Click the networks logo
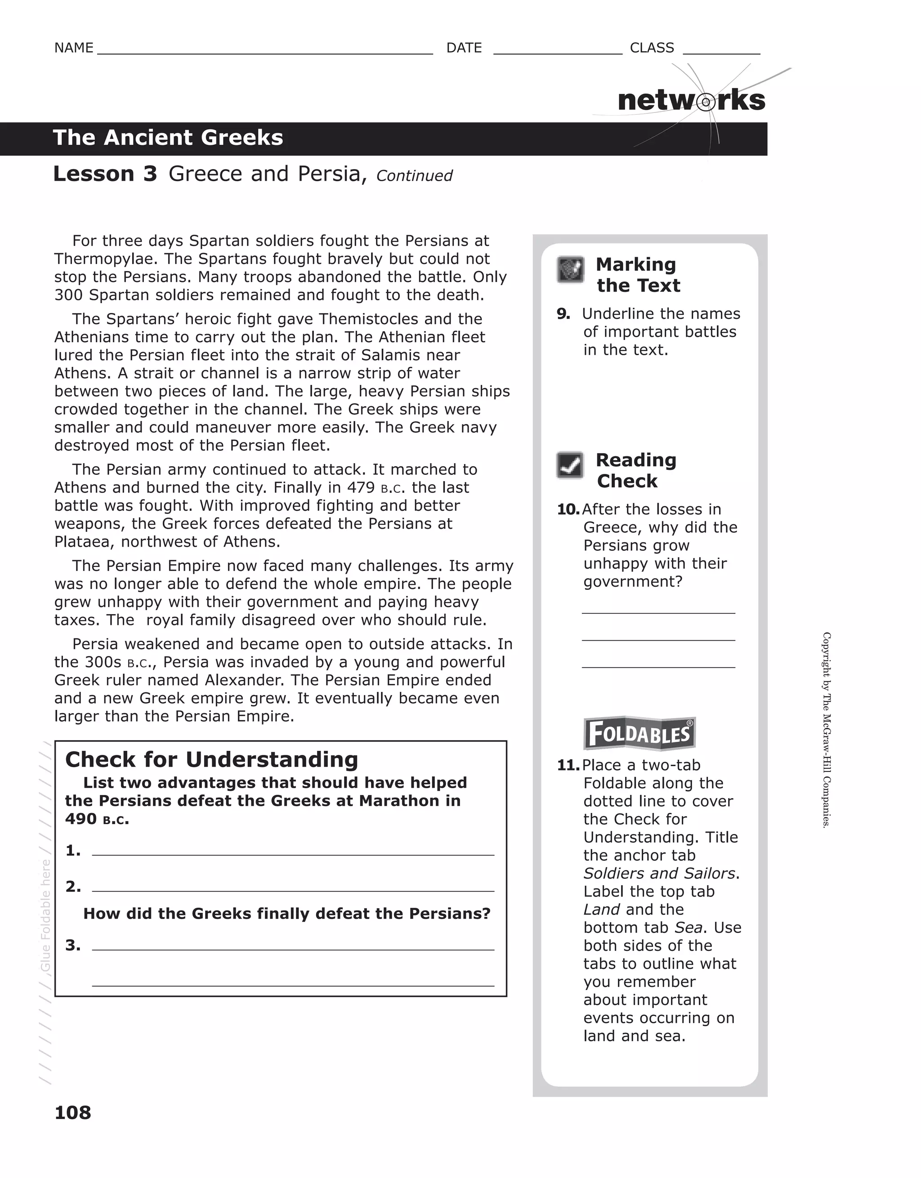click(x=691, y=101)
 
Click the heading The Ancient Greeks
click(x=168, y=138)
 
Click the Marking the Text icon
click(x=570, y=269)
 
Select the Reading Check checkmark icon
click(x=570, y=465)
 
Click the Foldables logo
click(x=639, y=734)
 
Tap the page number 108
click(x=73, y=1112)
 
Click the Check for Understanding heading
click(x=211, y=759)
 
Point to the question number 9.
click(x=563, y=314)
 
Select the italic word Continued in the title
click(x=414, y=176)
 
